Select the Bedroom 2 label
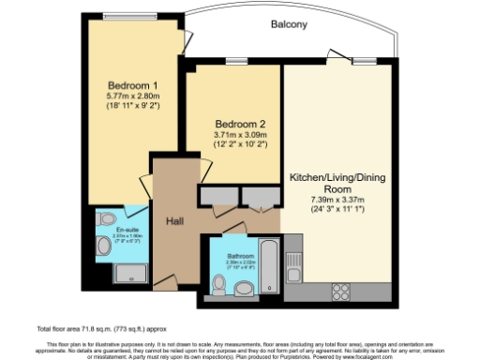234,124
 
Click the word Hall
174,221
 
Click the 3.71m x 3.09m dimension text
234,135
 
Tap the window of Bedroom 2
232,62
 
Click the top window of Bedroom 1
131,16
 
